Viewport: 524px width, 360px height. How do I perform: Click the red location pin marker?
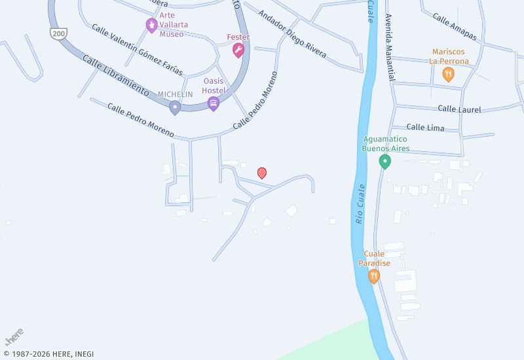[262, 173]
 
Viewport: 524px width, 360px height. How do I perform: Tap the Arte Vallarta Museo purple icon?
[151, 26]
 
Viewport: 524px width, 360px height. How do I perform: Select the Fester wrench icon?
[238, 50]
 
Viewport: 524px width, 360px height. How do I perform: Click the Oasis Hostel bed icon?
[213, 103]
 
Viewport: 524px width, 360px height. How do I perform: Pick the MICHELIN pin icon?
[175, 107]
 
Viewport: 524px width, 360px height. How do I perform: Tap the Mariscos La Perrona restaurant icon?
[448, 74]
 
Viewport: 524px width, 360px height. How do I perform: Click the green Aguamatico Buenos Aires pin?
[385, 160]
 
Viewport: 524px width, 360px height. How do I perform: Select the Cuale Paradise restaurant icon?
[374, 276]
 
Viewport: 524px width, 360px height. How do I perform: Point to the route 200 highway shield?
[59, 33]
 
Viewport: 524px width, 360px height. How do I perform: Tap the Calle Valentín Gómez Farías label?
[137, 50]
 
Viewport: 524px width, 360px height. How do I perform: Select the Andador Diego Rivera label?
[291, 34]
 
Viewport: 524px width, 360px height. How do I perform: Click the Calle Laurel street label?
[459, 109]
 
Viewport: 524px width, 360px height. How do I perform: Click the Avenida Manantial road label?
[390, 47]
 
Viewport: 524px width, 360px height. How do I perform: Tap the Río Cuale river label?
[360, 204]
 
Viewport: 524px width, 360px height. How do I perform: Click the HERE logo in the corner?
[14, 337]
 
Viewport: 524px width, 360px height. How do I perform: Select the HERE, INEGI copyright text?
[49, 354]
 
